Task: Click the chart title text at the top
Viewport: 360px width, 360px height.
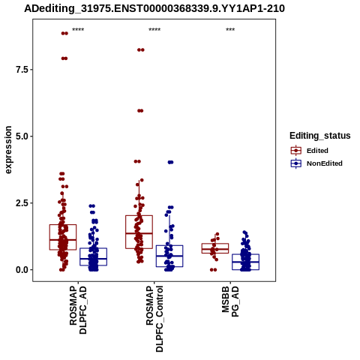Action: pos(154,9)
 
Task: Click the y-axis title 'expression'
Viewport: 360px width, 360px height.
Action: pos(8,150)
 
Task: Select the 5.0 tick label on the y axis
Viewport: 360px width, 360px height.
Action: pos(22,136)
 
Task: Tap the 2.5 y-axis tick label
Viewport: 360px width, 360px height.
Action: pos(22,203)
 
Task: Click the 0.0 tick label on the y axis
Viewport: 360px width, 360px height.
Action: pos(22,270)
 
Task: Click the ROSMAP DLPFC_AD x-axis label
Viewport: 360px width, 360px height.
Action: pos(78,310)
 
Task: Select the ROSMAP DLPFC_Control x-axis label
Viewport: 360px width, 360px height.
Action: pos(154,319)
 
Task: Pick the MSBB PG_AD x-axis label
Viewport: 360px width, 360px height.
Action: pos(230,301)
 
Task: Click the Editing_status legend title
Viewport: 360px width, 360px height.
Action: pos(320,136)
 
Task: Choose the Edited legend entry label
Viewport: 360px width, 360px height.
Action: pos(317,151)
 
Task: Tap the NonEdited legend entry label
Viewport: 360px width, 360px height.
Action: pos(325,163)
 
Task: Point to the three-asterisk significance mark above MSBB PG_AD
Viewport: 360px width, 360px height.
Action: pos(230,29)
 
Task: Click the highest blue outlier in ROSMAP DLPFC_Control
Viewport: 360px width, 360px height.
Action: pos(170,162)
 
